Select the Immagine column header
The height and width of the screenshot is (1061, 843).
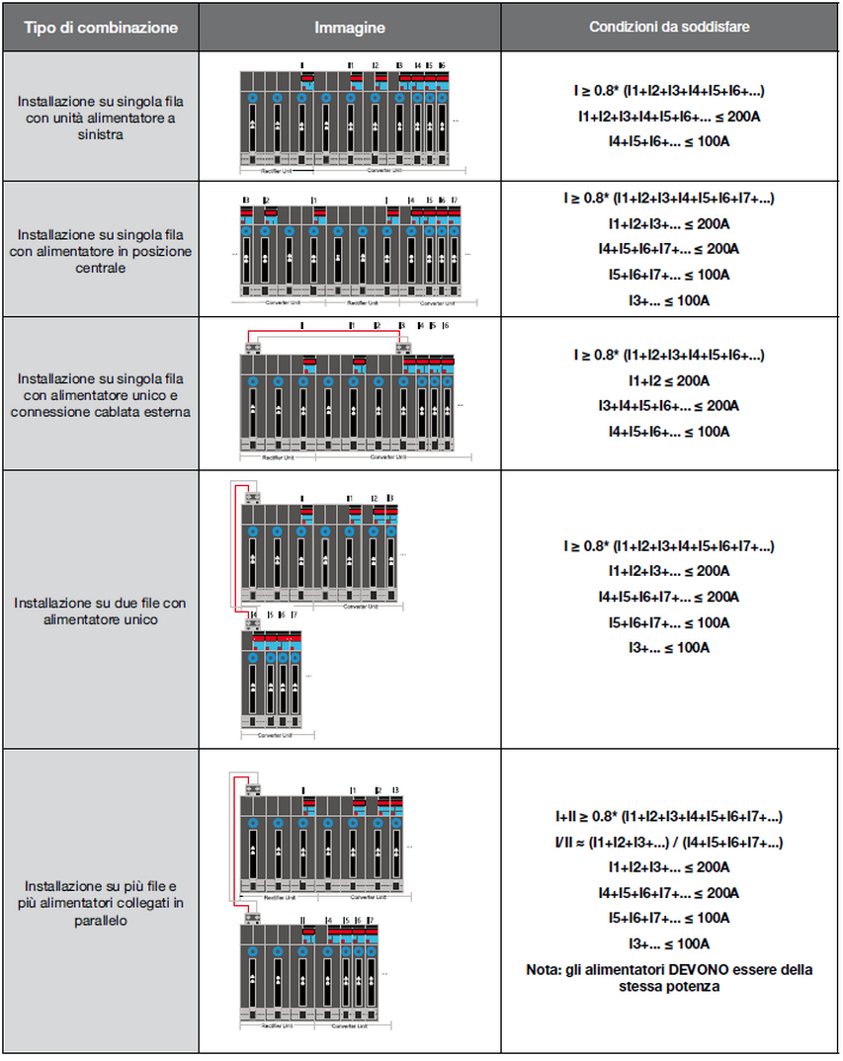pyautogui.click(x=350, y=28)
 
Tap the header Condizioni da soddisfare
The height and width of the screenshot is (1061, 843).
pyautogui.click(x=669, y=28)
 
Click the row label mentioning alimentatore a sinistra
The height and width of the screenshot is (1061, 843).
pyautogui.click(x=100, y=119)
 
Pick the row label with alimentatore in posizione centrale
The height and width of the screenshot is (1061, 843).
pyautogui.click(x=100, y=251)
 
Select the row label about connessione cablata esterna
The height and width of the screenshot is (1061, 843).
pyautogui.click(x=100, y=393)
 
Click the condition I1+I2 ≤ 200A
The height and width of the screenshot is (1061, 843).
pyautogui.click(x=669, y=380)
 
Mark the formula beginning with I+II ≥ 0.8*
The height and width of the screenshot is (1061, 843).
pyautogui.click(x=669, y=817)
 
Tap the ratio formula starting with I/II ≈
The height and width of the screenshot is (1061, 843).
pyautogui.click(x=669, y=843)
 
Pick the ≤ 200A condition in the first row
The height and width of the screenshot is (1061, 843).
pyautogui.click(x=669, y=117)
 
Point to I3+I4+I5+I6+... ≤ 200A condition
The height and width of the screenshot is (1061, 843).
pyautogui.click(x=669, y=406)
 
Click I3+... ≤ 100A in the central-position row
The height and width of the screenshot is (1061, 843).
pyautogui.click(x=669, y=300)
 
